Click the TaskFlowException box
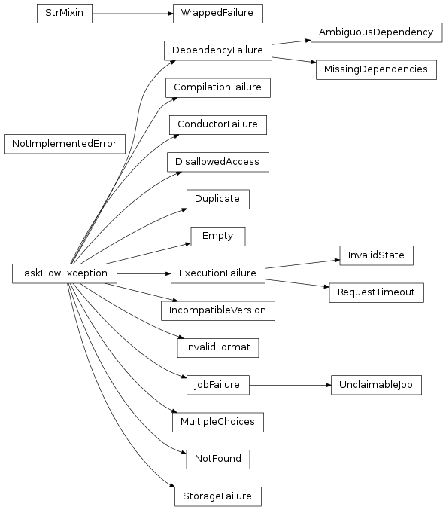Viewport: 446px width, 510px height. coord(65,273)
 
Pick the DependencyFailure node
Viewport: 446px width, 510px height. coord(217,50)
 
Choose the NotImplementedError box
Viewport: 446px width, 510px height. coord(64,143)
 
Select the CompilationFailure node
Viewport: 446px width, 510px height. coord(217,87)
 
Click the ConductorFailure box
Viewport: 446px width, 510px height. coord(217,124)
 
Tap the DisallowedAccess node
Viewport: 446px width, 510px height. coord(217,161)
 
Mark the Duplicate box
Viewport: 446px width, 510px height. coord(217,199)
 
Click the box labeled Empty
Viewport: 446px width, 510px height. coord(217,236)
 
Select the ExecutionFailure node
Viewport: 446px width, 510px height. coord(217,273)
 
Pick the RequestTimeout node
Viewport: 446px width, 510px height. coord(376,292)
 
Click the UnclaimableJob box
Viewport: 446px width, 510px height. coord(376,385)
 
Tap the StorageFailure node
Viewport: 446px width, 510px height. coord(217,496)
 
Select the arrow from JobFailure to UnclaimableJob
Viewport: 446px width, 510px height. coord(290,385)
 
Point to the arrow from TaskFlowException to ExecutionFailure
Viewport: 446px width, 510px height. coord(143,273)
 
